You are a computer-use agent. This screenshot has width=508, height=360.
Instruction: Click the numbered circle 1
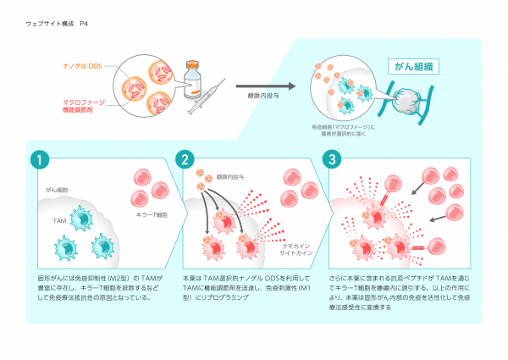[x=39, y=159]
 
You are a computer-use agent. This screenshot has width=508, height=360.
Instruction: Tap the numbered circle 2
[x=185, y=159]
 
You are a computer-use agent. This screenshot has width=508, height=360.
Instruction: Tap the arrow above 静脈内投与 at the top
[x=266, y=86]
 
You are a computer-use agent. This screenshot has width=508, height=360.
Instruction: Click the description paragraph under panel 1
[x=97, y=287]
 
